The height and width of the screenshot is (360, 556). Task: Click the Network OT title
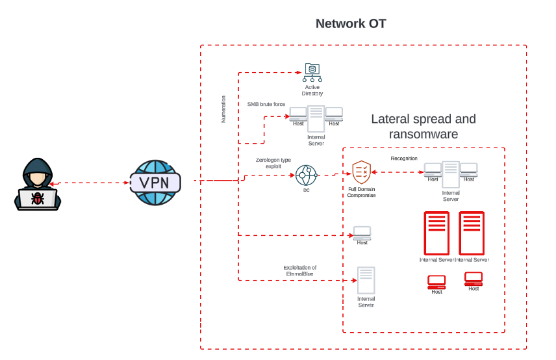(x=351, y=24)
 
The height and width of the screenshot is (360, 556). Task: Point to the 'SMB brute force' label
(x=266, y=104)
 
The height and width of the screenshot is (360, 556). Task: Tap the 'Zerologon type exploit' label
(x=273, y=162)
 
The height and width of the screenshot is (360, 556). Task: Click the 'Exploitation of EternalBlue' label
(x=299, y=270)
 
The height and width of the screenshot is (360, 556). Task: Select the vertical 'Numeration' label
(x=223, y=109)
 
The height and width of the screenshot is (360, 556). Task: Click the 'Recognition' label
(x=404, y=159)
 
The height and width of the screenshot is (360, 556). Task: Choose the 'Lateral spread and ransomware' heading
(x=423, y=127)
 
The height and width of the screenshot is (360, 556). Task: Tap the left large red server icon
(x=436, y=233)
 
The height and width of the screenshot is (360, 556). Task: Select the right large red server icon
(x=472, y=233)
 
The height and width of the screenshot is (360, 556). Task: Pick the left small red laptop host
(x=436, y=282)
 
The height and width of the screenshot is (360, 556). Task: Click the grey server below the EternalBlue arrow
(x=366, y=281)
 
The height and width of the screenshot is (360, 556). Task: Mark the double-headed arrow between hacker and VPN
(x=89, y=183)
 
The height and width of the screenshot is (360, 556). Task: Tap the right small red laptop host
(x=474, y=279)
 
